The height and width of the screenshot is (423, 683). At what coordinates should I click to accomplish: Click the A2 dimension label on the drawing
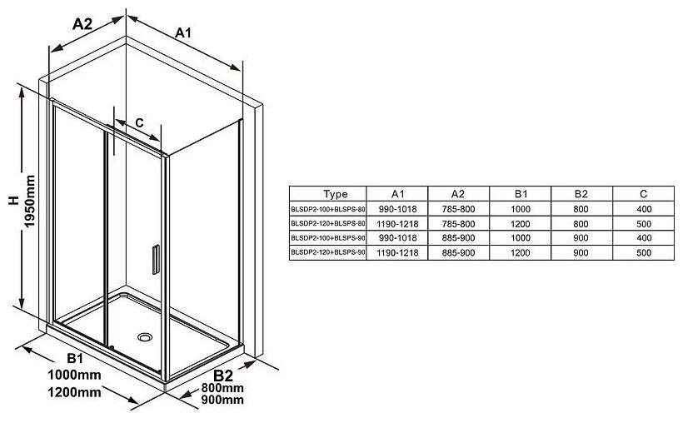pyautogui.click(x=81, y=24)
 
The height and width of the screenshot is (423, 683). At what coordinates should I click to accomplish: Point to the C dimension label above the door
pyautogui.click(x=139, y=122)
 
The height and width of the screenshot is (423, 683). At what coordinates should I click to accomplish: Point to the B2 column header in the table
pyautogui.click(x=580, y=194)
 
